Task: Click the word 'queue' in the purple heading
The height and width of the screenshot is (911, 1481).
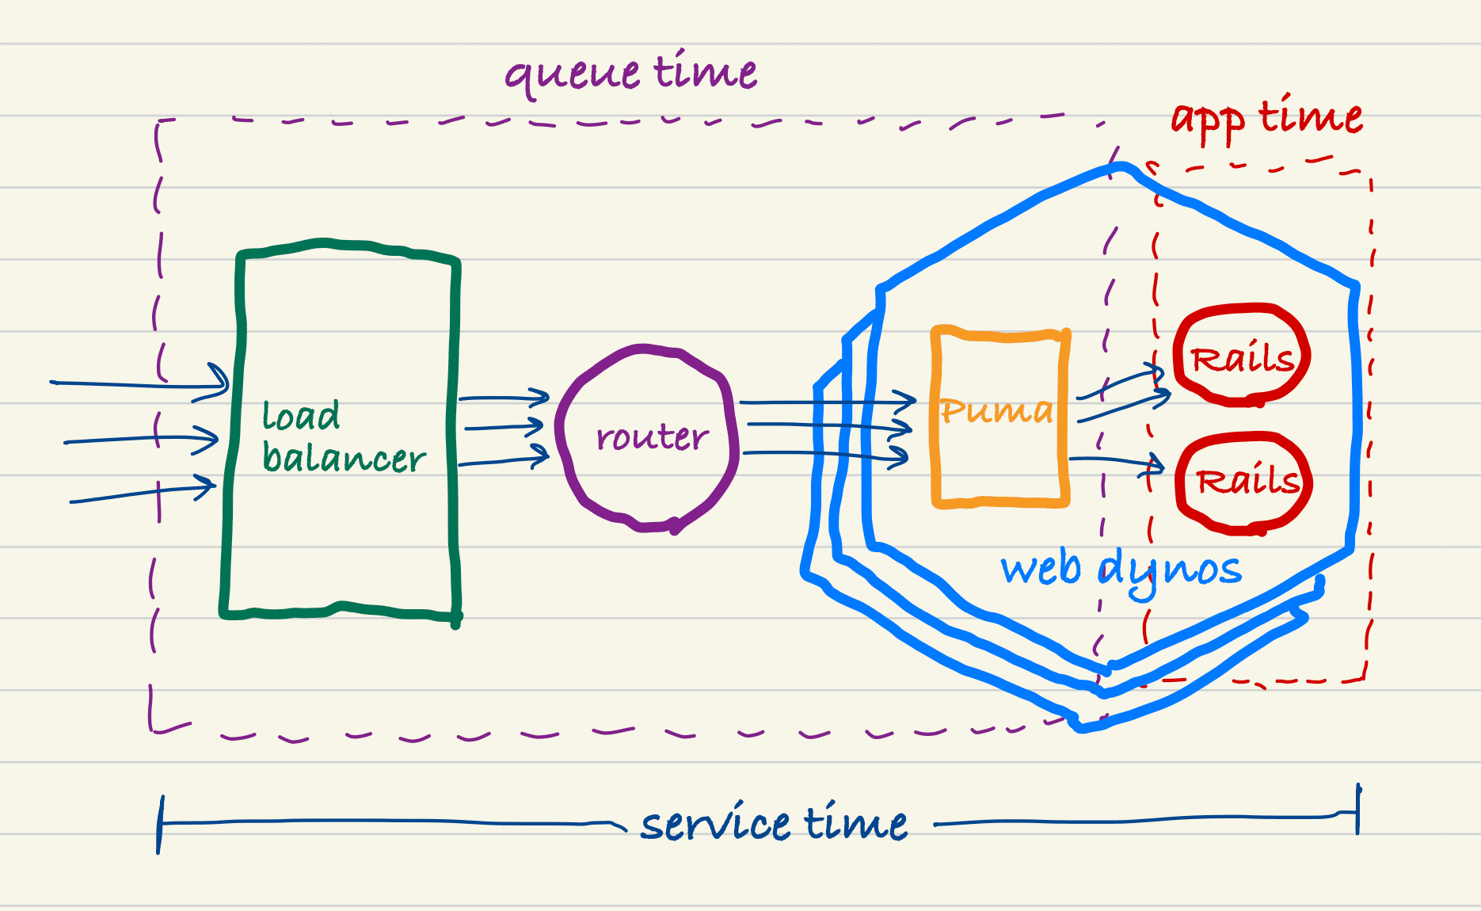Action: coord(572,74)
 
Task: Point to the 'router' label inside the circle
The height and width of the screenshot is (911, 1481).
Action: coord(652,436)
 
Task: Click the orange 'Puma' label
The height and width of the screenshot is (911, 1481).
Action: coord(996,410)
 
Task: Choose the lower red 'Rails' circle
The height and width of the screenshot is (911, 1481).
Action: coord(1245,481)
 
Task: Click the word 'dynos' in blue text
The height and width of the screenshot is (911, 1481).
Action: coord(1171,570)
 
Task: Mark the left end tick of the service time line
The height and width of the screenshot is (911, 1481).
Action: coord(160,824)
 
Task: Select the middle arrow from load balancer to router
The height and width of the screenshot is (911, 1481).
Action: coord(503,428)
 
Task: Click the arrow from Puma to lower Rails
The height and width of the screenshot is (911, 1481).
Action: coord(1117,460)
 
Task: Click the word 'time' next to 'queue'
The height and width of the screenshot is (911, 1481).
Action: coord(706,71)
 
